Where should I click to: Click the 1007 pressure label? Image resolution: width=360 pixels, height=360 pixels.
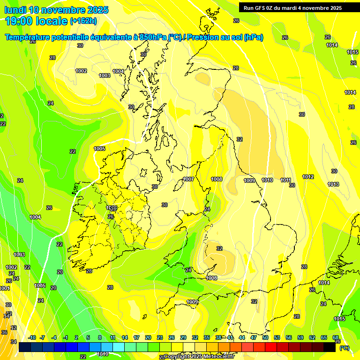(188, 180)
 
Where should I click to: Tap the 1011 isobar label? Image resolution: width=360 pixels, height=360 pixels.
(285, 180)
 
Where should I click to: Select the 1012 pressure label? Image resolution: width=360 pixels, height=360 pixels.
(308, 177)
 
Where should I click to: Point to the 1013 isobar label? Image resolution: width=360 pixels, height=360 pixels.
(333, 185)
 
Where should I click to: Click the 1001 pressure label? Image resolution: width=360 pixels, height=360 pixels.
(4, 288)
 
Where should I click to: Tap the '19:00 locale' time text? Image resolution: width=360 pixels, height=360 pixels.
(36, 21)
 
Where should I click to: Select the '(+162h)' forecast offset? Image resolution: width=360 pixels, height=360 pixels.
(83, 21)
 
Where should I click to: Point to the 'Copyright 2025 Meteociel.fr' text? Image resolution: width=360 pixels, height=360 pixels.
(199, 357)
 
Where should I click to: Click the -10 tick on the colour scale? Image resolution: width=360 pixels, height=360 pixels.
(32, 337)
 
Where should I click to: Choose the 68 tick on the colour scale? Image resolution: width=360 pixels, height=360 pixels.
(336, 337)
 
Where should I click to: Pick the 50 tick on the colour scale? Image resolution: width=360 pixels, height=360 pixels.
(265, 337)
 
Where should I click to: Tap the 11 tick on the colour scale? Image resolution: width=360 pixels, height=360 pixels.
(112, 337)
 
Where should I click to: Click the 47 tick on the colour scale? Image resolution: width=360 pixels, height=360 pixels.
(254, 337)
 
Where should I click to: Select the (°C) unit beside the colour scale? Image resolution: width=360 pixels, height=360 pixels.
(345, 348)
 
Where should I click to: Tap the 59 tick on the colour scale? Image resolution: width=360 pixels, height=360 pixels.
(300, 337)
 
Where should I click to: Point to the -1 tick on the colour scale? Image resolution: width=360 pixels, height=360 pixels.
(65, 337)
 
